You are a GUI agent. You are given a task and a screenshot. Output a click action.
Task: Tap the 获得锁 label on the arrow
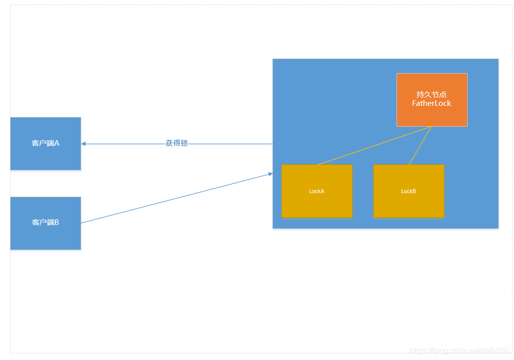(x=177, y=143)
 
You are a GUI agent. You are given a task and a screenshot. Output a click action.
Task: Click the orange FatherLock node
(x=432, y=115)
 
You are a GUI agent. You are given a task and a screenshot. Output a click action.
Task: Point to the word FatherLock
(x=432, y=103)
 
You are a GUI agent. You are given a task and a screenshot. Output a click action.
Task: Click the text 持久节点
(x=432, y=94)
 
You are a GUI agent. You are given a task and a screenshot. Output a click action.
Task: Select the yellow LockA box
(x=317, y=204)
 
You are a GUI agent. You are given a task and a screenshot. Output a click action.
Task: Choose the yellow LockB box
(x=409, y=204)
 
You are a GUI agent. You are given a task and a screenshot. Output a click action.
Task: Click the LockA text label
(x=317, y=191)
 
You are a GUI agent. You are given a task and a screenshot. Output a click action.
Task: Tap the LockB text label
(x=409, y=191)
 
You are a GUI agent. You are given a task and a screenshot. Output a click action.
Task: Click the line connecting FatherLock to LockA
(x=373, y=145)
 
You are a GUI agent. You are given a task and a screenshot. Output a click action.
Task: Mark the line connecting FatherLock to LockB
(x=420, y=146)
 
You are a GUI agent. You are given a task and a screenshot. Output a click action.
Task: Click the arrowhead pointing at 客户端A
(x=84, y=144)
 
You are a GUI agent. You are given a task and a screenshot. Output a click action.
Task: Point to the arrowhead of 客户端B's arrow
(x=270, y=174)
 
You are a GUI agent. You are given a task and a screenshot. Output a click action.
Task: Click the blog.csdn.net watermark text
(x=460, y=350)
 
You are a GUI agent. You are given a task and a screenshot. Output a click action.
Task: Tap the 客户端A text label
(x=45, y=143)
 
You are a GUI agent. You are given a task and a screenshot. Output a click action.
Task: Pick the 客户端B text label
(x=45, y=222)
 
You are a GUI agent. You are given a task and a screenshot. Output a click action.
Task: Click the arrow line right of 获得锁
(x=232, y=144)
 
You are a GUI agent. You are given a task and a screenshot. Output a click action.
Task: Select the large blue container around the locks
(x=328, y=101)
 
